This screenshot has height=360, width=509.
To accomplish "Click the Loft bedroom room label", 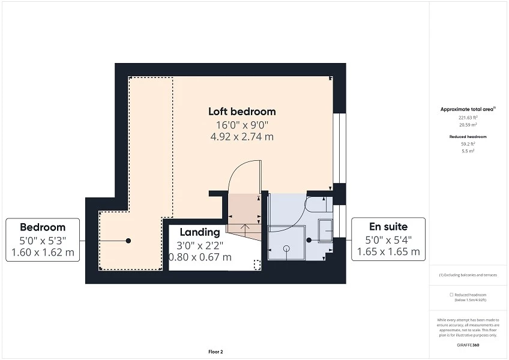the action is (242, 112).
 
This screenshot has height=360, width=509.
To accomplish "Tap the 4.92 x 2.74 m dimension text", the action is (242, 137).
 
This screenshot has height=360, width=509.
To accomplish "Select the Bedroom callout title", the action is (43, 227).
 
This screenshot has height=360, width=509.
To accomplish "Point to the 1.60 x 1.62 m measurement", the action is (43, 252).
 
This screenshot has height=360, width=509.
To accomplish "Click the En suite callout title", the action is (388, 226).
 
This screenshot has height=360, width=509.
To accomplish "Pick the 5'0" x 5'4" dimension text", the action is (388, 240).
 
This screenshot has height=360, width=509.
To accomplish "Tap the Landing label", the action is (200, 232).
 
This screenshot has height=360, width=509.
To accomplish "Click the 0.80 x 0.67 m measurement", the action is (200, 257).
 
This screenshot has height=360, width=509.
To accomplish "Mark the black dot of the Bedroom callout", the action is (128, 241).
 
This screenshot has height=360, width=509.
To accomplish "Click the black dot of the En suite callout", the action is (309, 240).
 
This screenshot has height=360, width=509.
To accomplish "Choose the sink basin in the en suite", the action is (325, 231).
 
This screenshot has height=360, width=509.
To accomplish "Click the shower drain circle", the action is (286, 248).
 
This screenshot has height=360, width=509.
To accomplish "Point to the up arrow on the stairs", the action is (245, 227).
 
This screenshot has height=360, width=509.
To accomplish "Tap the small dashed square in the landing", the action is (257, 265).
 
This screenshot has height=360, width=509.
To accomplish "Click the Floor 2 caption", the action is (215, 352).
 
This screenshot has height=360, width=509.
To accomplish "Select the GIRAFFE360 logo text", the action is (468, 345).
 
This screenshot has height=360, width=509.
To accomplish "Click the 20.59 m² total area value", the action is (468, 125).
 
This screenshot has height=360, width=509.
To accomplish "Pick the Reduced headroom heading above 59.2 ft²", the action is (468, 137).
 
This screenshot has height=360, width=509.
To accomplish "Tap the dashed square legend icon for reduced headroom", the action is (451, 295).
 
